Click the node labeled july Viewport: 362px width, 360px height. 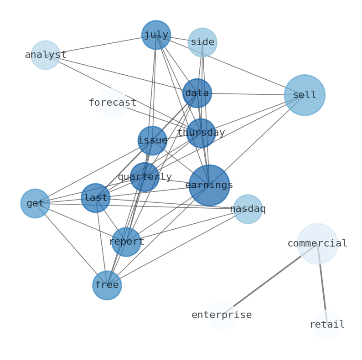click(156, 35)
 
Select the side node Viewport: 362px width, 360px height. click(202, 42)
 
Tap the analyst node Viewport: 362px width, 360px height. click(46, 55)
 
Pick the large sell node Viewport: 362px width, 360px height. click(305, 95)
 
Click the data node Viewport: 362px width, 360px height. click(197, 93)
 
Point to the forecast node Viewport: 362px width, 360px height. click(113, 103)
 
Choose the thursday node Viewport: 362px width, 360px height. click(201, 133)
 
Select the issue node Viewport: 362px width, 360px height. click(152, 141)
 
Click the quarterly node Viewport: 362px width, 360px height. click(145, 177)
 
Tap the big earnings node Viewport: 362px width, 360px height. click(209, 185)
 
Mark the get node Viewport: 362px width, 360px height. click(35, 203)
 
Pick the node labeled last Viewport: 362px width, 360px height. click(96, 198)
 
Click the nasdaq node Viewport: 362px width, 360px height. click(248, 209)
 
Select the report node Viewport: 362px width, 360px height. click(126, 242)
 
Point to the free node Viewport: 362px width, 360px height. click(107, 285)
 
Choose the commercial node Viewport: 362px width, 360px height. click(317, 244)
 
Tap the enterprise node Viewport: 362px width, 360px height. click(222, 315)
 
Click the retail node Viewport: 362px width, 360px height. click(327, 325)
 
